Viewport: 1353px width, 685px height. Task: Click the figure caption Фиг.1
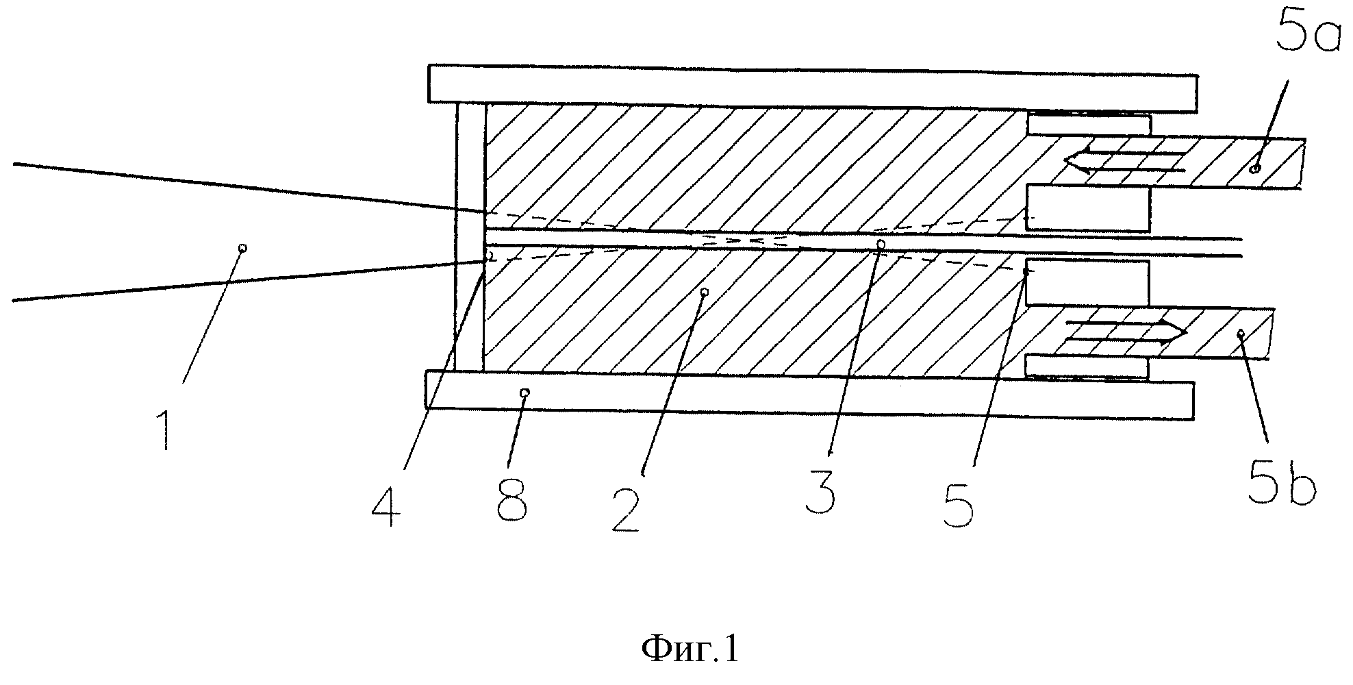coord(690,648)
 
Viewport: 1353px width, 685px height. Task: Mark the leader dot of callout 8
coord(524,393)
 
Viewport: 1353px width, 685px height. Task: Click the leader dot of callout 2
coord(705,292)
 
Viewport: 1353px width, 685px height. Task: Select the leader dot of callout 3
coord(881,243)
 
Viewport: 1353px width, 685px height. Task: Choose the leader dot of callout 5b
coord(1240,333)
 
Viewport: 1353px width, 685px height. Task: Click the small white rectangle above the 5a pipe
coord(1089,124)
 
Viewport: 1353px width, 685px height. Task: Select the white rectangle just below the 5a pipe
coord(1087,208)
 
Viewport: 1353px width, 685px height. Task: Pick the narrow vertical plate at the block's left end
coord(470,237)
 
